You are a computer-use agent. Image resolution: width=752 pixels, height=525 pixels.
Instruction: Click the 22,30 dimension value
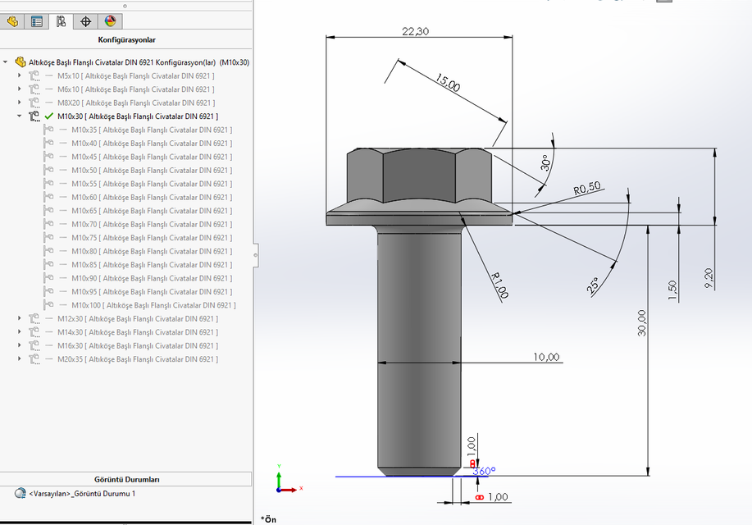pos(416,31)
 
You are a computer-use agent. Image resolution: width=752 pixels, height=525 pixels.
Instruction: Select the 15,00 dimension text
pos(448,82)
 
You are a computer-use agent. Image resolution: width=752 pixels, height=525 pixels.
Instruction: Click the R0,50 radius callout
pos(587,189)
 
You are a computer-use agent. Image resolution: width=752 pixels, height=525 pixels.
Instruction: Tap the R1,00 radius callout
pos(499,285)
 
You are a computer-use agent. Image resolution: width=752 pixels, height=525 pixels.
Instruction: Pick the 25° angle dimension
pos(593,285)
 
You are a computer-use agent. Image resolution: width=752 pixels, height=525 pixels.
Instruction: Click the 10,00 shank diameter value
pos(546,357)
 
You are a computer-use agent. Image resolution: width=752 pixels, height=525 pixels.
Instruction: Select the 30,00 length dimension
pos(641,322)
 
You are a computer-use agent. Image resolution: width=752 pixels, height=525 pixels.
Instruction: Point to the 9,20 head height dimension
pos(709,277)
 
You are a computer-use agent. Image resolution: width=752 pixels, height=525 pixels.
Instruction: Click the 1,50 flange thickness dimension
pos(673,290)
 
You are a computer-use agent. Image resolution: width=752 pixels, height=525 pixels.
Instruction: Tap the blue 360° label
pos(484,471)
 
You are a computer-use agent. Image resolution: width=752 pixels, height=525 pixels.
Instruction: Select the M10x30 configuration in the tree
pos(137,116)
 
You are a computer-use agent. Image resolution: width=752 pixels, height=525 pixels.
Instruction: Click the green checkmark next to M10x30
pos(48,116)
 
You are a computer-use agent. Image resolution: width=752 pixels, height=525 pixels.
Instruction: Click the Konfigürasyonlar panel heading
pos(126,39)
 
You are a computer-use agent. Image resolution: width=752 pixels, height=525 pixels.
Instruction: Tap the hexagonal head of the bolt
pos(418,174)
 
